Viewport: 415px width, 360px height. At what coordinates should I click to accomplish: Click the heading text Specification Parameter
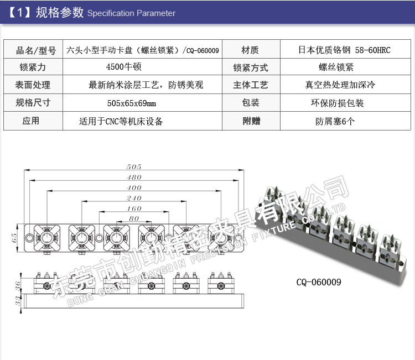point(131,13)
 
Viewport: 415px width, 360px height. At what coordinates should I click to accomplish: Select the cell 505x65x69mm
point(131,103)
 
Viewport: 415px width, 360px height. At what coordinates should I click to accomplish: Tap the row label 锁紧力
point(32,67)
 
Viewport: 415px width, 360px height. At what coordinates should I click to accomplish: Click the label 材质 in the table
point(250,50)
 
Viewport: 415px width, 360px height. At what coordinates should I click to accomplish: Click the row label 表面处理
point(32,85)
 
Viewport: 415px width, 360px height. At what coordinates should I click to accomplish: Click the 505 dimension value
point(134,166)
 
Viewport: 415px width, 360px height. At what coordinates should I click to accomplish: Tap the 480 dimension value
point(134,177)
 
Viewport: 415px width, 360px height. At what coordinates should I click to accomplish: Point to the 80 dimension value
point(133,218)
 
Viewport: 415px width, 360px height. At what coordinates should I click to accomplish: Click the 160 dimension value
point(134,208)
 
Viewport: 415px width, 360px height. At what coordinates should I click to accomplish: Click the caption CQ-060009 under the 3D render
point(319,282)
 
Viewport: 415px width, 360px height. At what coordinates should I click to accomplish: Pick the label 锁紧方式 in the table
point(250,67)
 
